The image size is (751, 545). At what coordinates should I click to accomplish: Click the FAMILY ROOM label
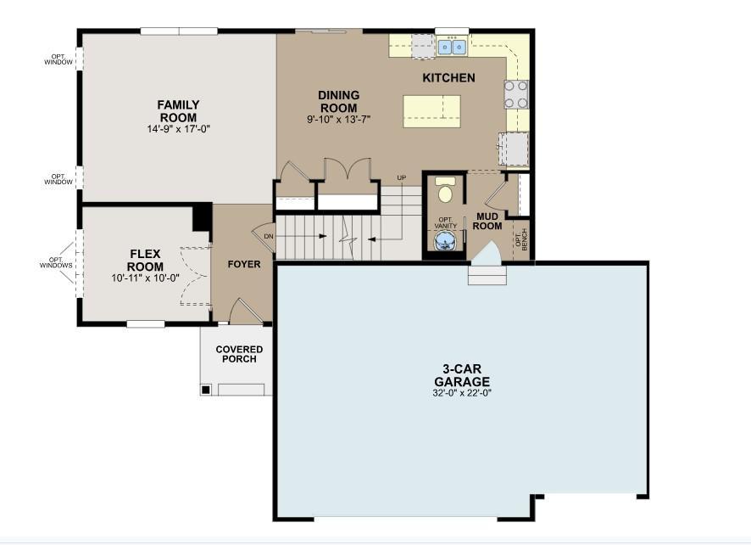178,111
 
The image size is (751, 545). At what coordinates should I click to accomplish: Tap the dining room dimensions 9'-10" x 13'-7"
338,120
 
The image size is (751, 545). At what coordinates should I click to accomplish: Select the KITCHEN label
448,78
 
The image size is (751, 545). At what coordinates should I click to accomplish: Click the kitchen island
431,111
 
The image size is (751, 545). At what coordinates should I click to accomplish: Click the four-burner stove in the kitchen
516,94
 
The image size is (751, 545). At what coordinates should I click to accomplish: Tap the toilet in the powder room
444,191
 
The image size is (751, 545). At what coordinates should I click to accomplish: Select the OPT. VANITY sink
444,243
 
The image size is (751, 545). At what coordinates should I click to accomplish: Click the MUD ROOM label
487,221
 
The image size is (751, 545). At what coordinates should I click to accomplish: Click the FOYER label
244,264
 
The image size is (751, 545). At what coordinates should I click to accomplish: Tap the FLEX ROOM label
145,260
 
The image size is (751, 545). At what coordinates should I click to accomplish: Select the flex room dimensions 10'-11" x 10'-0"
145,278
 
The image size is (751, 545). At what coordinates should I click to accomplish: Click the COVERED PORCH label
239,354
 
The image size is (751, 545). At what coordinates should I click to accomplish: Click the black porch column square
205,390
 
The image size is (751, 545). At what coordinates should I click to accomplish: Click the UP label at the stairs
401,177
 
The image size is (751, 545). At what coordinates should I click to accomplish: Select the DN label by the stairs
269,236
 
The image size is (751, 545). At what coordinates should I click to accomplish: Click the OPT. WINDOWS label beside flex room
56,262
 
